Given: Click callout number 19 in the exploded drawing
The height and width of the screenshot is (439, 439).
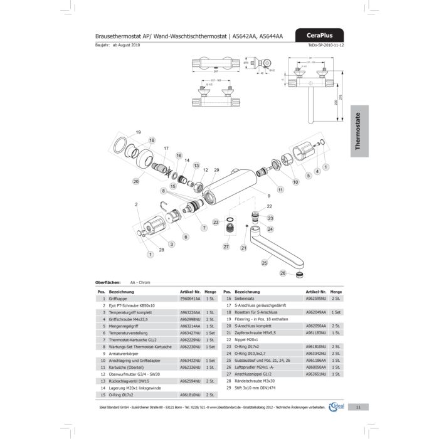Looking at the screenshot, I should [139, 132].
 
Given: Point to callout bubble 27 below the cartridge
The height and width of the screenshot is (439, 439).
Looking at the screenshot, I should [226, 246].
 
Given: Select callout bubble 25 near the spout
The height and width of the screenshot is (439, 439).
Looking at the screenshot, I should [264, 263].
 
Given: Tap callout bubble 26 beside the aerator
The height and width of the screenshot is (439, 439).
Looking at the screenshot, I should [283, 273].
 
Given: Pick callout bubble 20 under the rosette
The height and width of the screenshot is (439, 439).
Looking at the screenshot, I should [135, 182].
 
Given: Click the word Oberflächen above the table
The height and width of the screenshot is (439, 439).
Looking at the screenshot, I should [107, 283].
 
